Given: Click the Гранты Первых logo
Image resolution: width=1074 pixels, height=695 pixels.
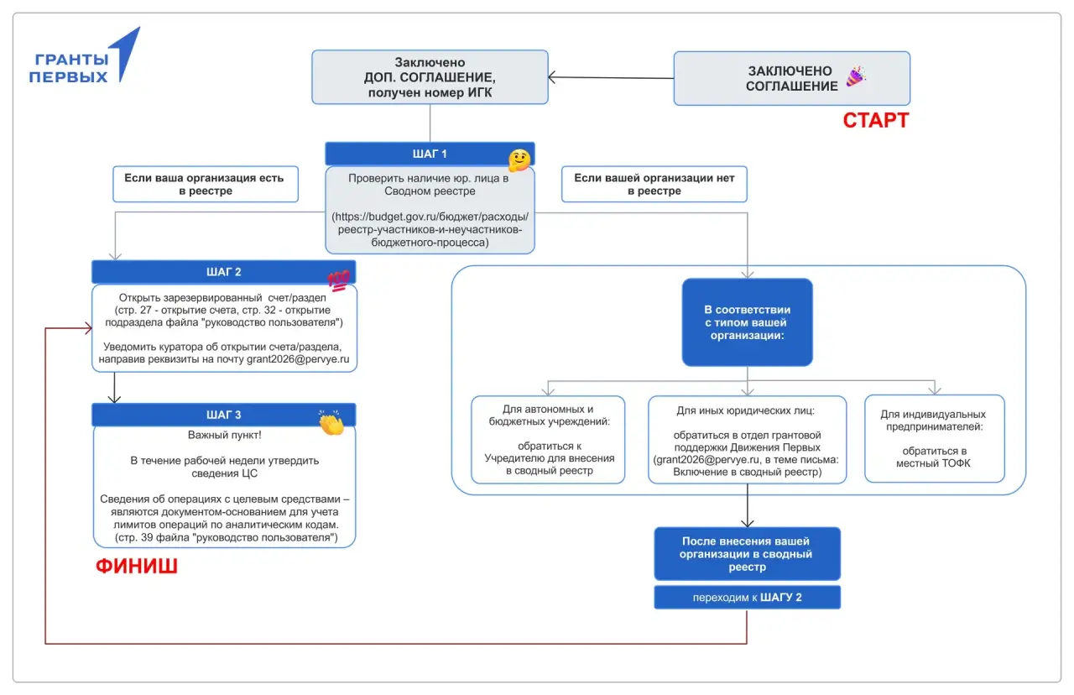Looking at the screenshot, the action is click(85, 56).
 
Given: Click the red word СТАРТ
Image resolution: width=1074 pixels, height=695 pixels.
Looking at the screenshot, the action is click(875, 120).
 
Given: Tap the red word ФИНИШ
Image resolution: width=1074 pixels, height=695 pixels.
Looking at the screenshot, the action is click(137, 566).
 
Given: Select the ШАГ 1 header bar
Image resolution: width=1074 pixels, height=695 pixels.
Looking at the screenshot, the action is click(430, 154).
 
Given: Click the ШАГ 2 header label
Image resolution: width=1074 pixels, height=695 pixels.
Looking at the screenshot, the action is click(223, 272).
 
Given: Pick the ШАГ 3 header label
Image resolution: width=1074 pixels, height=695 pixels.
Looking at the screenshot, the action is click(223, 415).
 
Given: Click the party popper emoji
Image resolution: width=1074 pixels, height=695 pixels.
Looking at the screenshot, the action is click(856, 76).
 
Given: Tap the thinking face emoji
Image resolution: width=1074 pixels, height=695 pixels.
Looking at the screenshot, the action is click(519, 160).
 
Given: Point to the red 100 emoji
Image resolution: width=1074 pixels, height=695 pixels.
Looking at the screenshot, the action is click(339, 280).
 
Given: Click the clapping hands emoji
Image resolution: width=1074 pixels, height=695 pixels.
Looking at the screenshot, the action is click(331, 422).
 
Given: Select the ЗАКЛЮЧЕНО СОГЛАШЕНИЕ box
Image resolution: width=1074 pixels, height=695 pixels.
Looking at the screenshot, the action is click(791, 79).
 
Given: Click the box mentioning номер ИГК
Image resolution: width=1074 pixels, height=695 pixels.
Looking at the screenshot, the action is click(430, 77).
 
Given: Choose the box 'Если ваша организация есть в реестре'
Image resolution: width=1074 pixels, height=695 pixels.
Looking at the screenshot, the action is click(206, 184).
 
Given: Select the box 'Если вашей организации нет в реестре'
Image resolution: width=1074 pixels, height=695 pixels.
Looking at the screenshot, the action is click(654, 184).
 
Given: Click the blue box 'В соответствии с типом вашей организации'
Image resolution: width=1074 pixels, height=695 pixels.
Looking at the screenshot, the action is click(747, 322).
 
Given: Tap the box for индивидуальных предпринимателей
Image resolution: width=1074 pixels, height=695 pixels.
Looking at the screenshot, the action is click(934, 438).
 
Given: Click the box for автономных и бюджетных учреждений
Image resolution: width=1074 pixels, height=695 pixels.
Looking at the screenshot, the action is click(548, 439).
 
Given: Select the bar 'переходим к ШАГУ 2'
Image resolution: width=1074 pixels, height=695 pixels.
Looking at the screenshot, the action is click(747, 597).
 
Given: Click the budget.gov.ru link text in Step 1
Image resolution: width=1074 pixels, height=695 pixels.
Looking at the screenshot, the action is click(430, 229).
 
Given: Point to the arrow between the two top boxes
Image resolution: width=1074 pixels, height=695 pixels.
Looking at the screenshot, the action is click(611, 78).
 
